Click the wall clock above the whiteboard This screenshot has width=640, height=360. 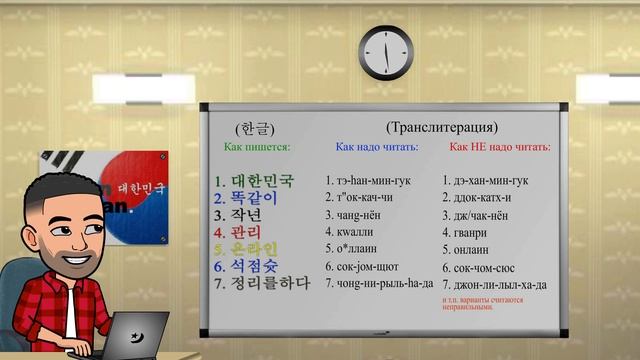(386, 52)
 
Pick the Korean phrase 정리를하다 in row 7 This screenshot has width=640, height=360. (264, 283)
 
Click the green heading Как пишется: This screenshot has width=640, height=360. (257, 147)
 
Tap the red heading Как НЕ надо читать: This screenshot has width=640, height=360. (499, 147)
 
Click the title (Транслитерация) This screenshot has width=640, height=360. (441, 128)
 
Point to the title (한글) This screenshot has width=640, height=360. (255, 129)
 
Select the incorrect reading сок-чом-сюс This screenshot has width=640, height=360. (487, 267)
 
